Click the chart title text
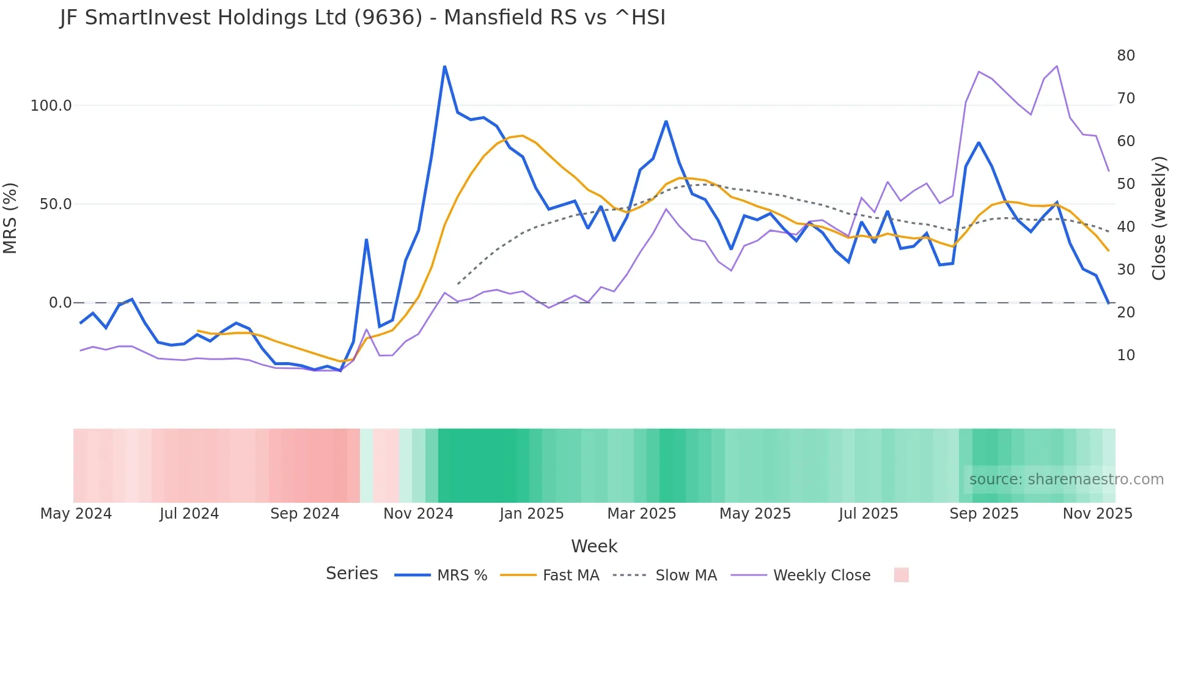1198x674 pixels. point(362,18)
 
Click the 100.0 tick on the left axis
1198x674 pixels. point(51,106)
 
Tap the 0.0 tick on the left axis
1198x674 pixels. point(60,303)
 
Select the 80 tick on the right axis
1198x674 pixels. point(1126,56)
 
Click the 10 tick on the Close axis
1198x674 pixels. point(1126,355)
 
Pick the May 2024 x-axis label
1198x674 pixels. point(76,514)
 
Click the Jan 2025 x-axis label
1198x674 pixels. point(531,514)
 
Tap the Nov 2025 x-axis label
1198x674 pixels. point(1097,514)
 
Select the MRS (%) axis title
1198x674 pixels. point(10,218)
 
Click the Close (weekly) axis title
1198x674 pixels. point(1159,218)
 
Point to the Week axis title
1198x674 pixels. point(594,546)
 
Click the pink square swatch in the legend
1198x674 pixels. point(901,575)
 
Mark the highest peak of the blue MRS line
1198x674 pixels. point(444,66)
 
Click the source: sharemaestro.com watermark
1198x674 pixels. point(1066,480)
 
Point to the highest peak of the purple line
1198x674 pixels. point(1057,66)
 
